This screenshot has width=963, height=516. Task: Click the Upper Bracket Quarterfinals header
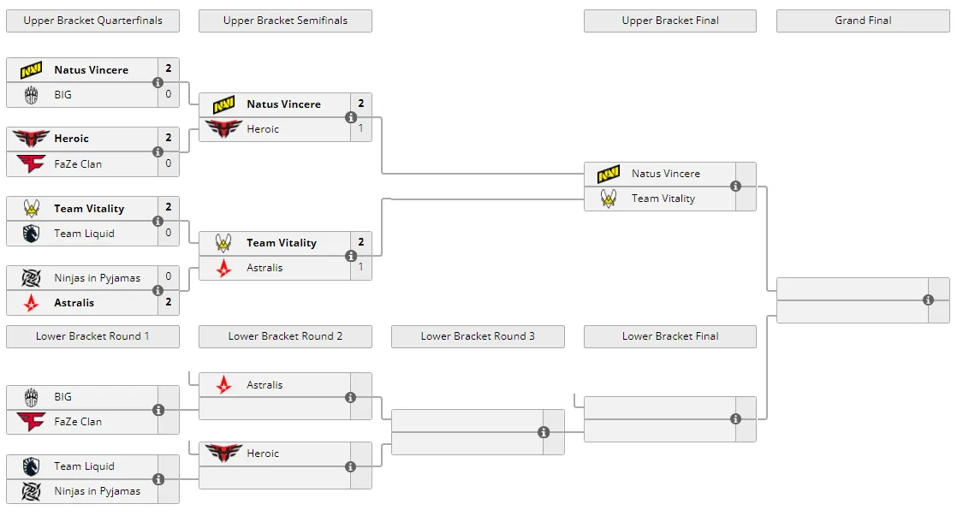point(92,21)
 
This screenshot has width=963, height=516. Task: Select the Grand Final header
point(863,21)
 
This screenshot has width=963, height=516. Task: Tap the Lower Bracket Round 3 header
point(478,336)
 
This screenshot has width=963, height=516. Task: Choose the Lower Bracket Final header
point(670,336)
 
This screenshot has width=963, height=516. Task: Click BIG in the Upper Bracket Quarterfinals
point(62,95)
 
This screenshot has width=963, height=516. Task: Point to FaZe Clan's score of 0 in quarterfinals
point(169,163)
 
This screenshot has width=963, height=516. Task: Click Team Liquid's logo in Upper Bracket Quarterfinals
point(31,234)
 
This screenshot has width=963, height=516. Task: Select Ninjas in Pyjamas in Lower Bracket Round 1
point(97,491)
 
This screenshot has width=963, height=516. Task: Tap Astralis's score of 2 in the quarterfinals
point(169,301)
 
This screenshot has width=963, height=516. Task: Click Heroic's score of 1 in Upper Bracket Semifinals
point(361,128)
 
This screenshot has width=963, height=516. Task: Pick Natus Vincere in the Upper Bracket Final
point(666,174)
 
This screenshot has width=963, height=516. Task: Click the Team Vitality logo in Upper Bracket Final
point(609,199)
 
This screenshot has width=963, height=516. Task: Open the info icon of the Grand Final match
point(928,300)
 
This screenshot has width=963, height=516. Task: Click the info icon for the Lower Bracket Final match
point(735,419)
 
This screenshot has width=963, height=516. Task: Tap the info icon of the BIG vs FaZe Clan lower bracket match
point(158,410)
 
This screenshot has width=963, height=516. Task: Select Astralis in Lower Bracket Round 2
point(265,385)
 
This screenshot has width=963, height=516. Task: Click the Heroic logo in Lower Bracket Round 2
point(223,454)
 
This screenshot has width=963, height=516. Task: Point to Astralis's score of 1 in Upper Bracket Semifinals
point(361,267)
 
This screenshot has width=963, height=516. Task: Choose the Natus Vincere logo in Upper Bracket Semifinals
point(223,104)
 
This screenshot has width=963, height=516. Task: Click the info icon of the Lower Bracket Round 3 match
point(543,432)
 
